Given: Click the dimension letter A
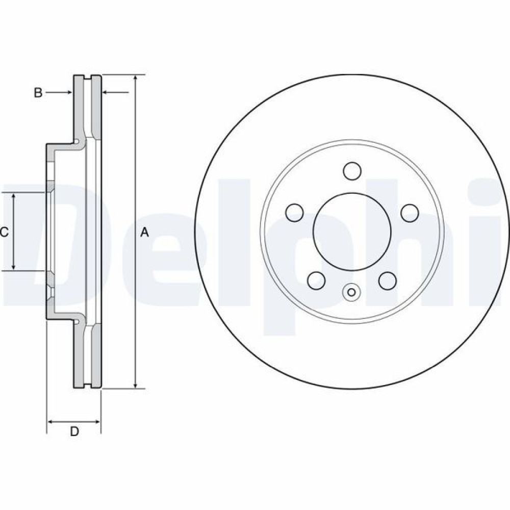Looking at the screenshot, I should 144,233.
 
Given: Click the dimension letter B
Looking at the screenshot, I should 38,93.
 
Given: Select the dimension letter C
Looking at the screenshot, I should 4,233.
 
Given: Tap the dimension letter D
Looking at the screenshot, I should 74,431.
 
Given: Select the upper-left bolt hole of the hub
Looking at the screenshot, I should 295,213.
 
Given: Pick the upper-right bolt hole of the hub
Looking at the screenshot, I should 409,213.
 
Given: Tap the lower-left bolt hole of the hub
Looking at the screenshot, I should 317,280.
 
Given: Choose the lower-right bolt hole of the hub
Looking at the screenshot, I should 387,280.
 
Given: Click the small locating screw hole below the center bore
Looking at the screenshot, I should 351,292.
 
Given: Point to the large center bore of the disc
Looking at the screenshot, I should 352,231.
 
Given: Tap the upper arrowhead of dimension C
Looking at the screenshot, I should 14,196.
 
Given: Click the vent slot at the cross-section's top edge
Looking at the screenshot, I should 87,79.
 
